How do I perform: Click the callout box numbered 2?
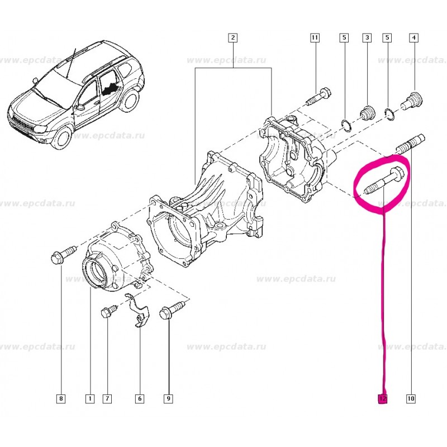point(233,38)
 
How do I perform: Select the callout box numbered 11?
point(315,38)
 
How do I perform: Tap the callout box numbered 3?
point(367,38)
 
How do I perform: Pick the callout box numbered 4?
point(413,38)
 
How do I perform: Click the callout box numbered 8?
point(61,399)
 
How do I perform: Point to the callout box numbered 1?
point(88,399)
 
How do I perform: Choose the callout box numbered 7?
point(107,399)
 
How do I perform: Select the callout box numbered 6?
point(140,399)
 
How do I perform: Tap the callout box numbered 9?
point(168,399)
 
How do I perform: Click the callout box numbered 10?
point(411,399)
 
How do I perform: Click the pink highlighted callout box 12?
point(383,399)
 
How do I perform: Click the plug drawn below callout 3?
point(368,112)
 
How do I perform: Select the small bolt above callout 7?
point(108,310)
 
